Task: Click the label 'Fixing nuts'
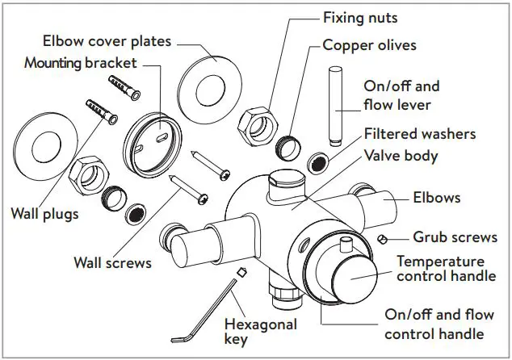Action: (x=361, y=16)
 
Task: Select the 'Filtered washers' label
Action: (x=419, y=134)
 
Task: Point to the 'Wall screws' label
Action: (x=112, y=262)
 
